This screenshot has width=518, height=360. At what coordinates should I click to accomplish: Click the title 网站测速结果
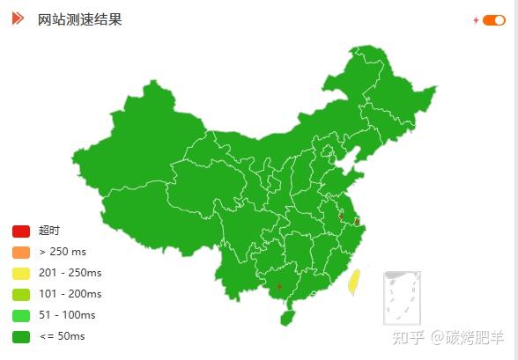coord(80,19)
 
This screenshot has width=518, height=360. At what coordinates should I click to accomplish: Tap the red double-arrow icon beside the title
coord(18,18)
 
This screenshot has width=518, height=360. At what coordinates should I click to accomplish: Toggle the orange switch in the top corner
coord(493,20)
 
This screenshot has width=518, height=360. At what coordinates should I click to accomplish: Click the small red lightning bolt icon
coord(476,20)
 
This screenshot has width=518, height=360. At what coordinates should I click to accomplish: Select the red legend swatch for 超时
coord(21,231)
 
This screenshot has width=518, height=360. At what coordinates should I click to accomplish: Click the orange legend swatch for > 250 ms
coord(21,252)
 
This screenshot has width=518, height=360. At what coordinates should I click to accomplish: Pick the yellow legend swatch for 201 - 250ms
coord(21,273)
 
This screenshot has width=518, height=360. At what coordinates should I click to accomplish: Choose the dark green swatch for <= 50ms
coord(21,336)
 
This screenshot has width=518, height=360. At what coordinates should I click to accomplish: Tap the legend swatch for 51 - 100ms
coord(21,315)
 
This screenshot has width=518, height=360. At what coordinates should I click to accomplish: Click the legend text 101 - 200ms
coord(70,294)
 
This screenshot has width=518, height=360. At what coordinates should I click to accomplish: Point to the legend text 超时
coord(49,231)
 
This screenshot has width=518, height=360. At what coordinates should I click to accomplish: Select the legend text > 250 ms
coord(63,252)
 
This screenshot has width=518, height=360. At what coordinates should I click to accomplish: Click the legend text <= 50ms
coord(63,336)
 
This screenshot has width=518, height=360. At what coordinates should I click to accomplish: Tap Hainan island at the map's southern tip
coord(288,317)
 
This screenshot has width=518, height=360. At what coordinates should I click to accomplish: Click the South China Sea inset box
coord(402,298)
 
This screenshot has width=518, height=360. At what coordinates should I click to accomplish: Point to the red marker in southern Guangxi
coord(279,287)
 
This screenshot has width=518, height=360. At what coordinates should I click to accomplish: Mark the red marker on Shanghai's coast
coord(356,221)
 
